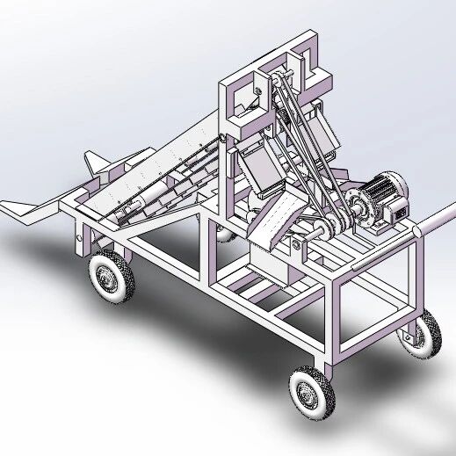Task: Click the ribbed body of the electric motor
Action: [x=383, y=190]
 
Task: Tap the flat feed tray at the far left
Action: [x=26, y=208]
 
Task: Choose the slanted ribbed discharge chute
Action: [x=279, y=221]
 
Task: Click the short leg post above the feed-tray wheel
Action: [x=83, y=242]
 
